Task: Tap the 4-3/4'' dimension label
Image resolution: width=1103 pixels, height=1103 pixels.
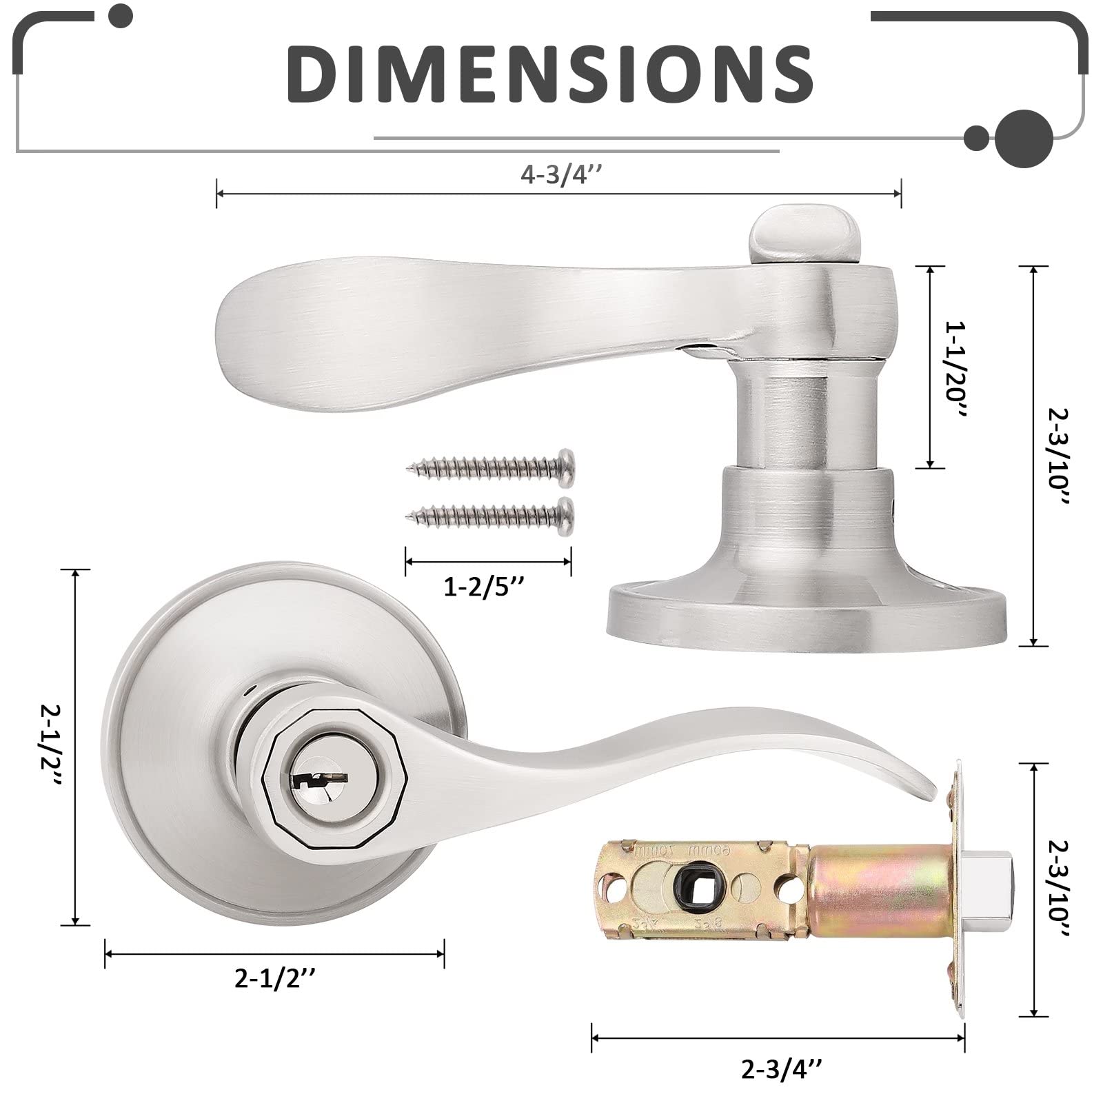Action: [561, 176]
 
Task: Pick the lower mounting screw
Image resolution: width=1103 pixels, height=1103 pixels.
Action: [491, 512]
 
